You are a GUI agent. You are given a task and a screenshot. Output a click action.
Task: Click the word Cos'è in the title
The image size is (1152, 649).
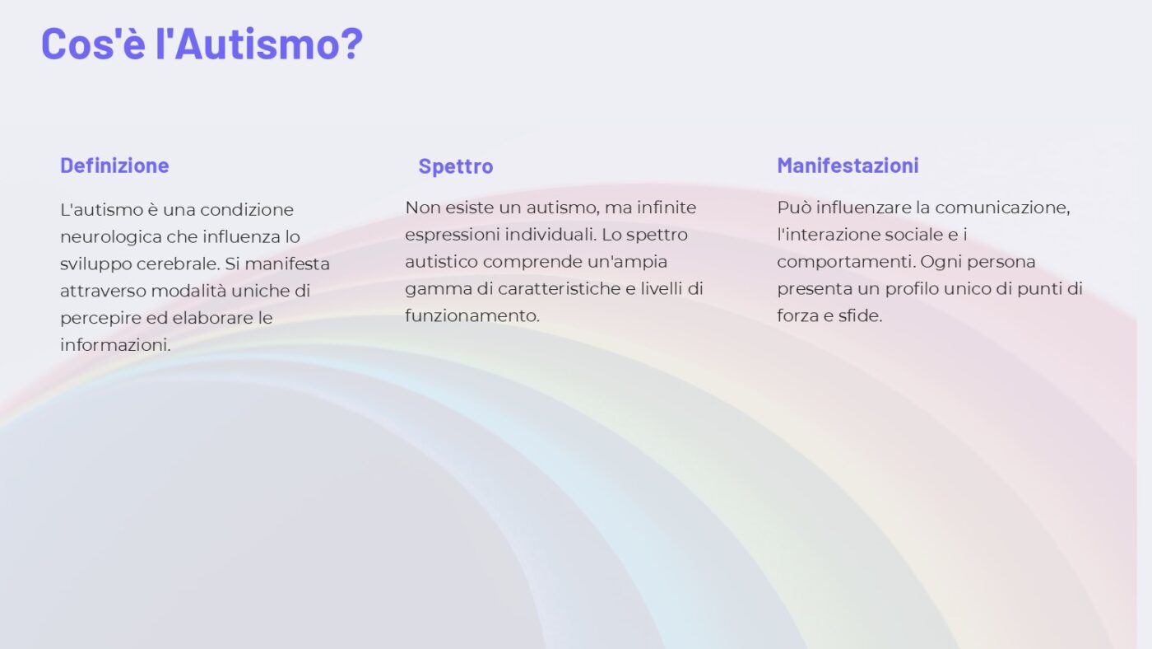93,44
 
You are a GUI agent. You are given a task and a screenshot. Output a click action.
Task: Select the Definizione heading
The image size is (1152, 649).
114,166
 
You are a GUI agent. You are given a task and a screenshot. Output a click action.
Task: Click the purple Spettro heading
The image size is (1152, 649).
456,166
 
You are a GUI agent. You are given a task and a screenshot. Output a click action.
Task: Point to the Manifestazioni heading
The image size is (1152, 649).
848,166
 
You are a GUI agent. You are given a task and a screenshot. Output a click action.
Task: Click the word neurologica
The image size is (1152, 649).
111,237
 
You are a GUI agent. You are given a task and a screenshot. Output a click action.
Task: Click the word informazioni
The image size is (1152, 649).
116,345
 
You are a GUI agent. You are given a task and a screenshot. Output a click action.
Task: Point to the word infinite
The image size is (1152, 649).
667,208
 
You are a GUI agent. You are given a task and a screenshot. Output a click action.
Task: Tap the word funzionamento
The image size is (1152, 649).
472,315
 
